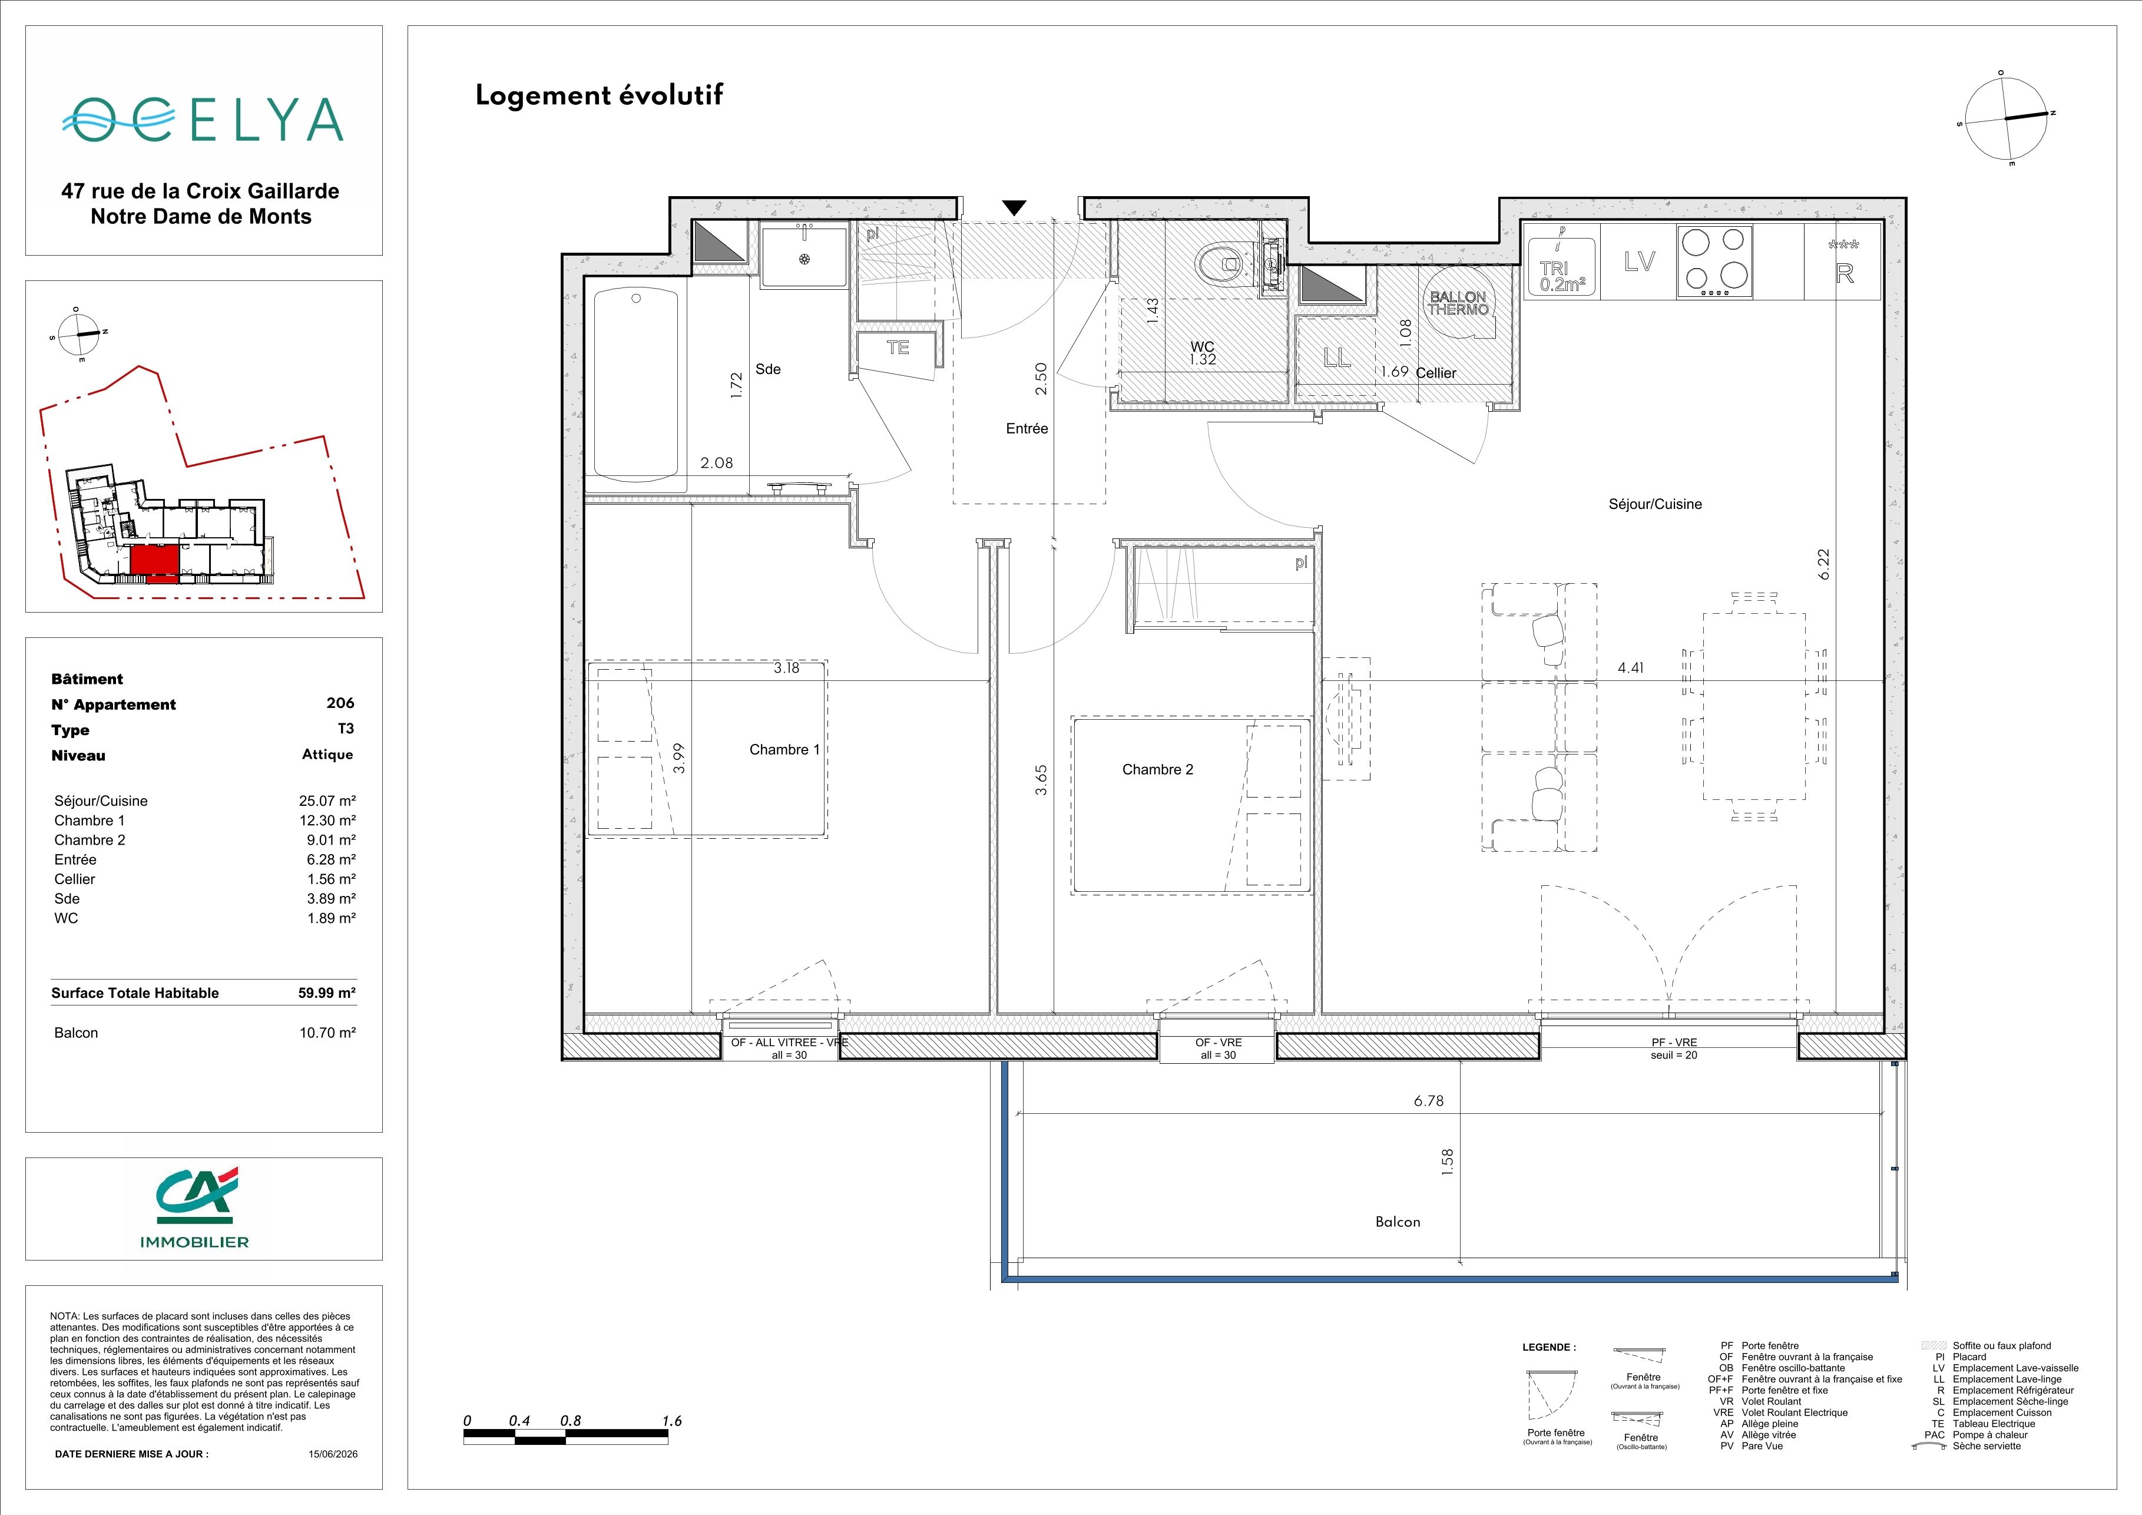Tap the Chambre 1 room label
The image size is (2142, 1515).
784,749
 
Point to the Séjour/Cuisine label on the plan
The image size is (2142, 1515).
1655,504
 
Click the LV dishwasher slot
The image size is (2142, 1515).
1639,262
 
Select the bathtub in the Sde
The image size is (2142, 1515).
636,385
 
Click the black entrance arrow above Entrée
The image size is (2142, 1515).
1014,208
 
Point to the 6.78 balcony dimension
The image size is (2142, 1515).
1428,1101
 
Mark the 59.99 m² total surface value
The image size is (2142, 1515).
326,993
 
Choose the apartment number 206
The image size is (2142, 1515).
340,703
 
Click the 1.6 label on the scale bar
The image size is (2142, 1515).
672,1421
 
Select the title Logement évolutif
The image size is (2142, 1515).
599,95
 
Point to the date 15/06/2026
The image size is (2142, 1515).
333,1453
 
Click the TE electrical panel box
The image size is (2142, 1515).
898,348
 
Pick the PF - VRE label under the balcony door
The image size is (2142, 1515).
1674,1042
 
